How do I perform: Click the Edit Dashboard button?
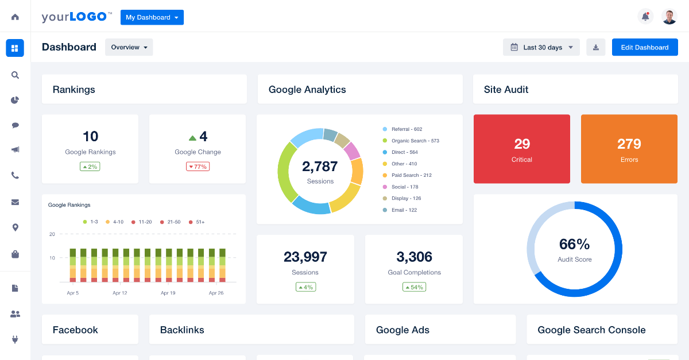pyautogui.click(x=644, y=48)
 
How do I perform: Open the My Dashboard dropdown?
pyautogui.click(x=152, y=17)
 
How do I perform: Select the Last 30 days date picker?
pyautogui.click(x=541, y=48)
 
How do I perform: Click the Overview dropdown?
pyautogui.click(x=129, y=48)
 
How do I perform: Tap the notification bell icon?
pyautogui.click(x=645, y=17)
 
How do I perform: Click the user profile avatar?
pyautogui.click(x=669, y=17)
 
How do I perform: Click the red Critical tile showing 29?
pyautogui.click(x=521, y=149)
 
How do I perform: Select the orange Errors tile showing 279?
pyautogui.click(x=629, y=149)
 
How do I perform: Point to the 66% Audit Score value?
pyautogui.click(x=574, y=245)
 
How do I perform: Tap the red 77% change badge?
pyautogui.click(x=198, y=167)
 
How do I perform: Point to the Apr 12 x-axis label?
pyautogui.click(x=119, y=293)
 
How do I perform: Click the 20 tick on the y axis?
pyautogui.click(x=52, y=234)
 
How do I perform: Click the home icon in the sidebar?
pyautogui.click(x=15, y=17)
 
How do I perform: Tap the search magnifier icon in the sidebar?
pyautogui.click(x=15, y=75)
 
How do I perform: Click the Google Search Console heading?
pyautogui.click(x=591, y=330)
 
